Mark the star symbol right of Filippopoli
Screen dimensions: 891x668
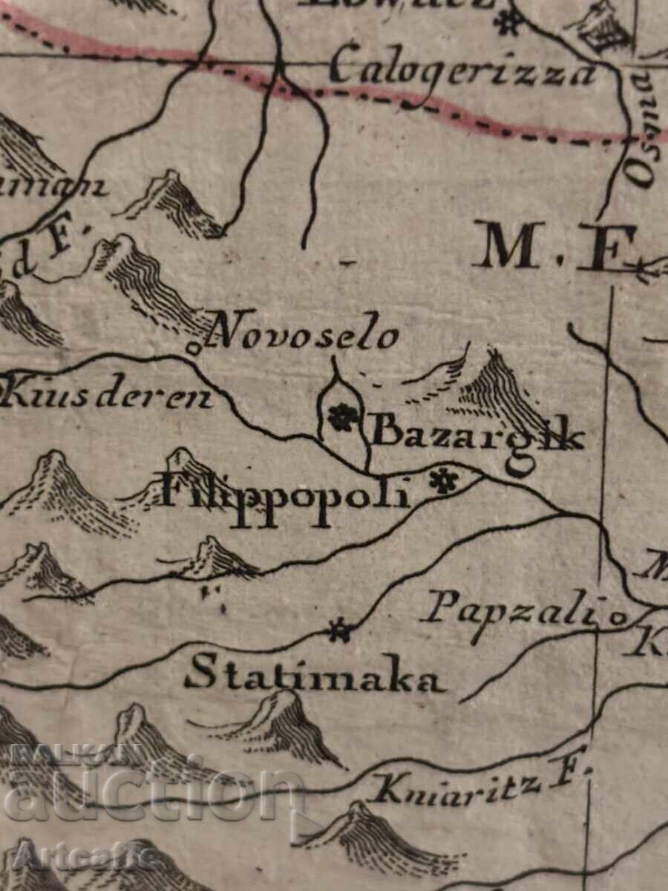pos(444,483)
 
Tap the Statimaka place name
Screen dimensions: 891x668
pos(314,677)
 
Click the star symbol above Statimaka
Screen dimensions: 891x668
pos(341,631)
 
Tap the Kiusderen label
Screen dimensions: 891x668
pos(108,396)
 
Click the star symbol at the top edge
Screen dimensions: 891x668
pos(507,22)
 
